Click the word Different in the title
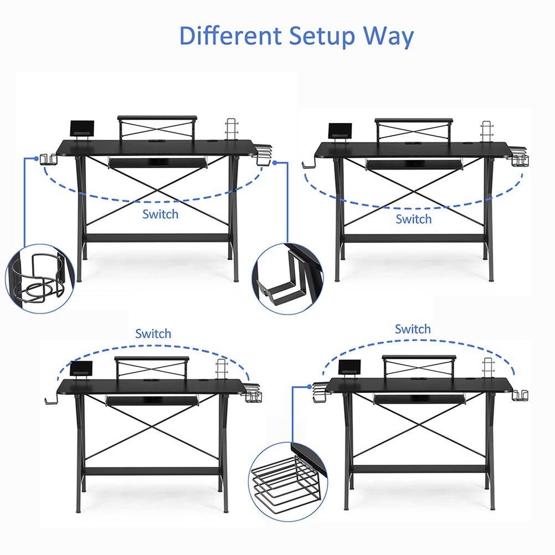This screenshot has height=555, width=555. pyautogui.click(x=230, y=37)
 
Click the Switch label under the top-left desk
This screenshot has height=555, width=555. pyautogui.click(x=160, y=214)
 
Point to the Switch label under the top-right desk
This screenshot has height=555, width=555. pyautogui.click(x=413, y=219)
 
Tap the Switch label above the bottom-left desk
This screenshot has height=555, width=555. pyautogui.click(x=153, y=334)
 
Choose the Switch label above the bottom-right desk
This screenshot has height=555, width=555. pyautogui.click(x=413, y=329)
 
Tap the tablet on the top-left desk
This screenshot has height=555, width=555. pyautogui.click(x=82, y=129)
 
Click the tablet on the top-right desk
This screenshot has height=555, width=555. pyautogui.click(x=337, y=132)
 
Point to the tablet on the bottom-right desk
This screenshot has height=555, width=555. pyautogui.click(x=349, y=367)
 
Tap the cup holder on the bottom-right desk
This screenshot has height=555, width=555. pyautogui.click(x=520, y=395)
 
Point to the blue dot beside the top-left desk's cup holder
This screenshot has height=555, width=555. pyautogui.click(x=37, y=158)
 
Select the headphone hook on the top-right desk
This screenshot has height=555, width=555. pyautogui.click(x=308, y=164)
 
